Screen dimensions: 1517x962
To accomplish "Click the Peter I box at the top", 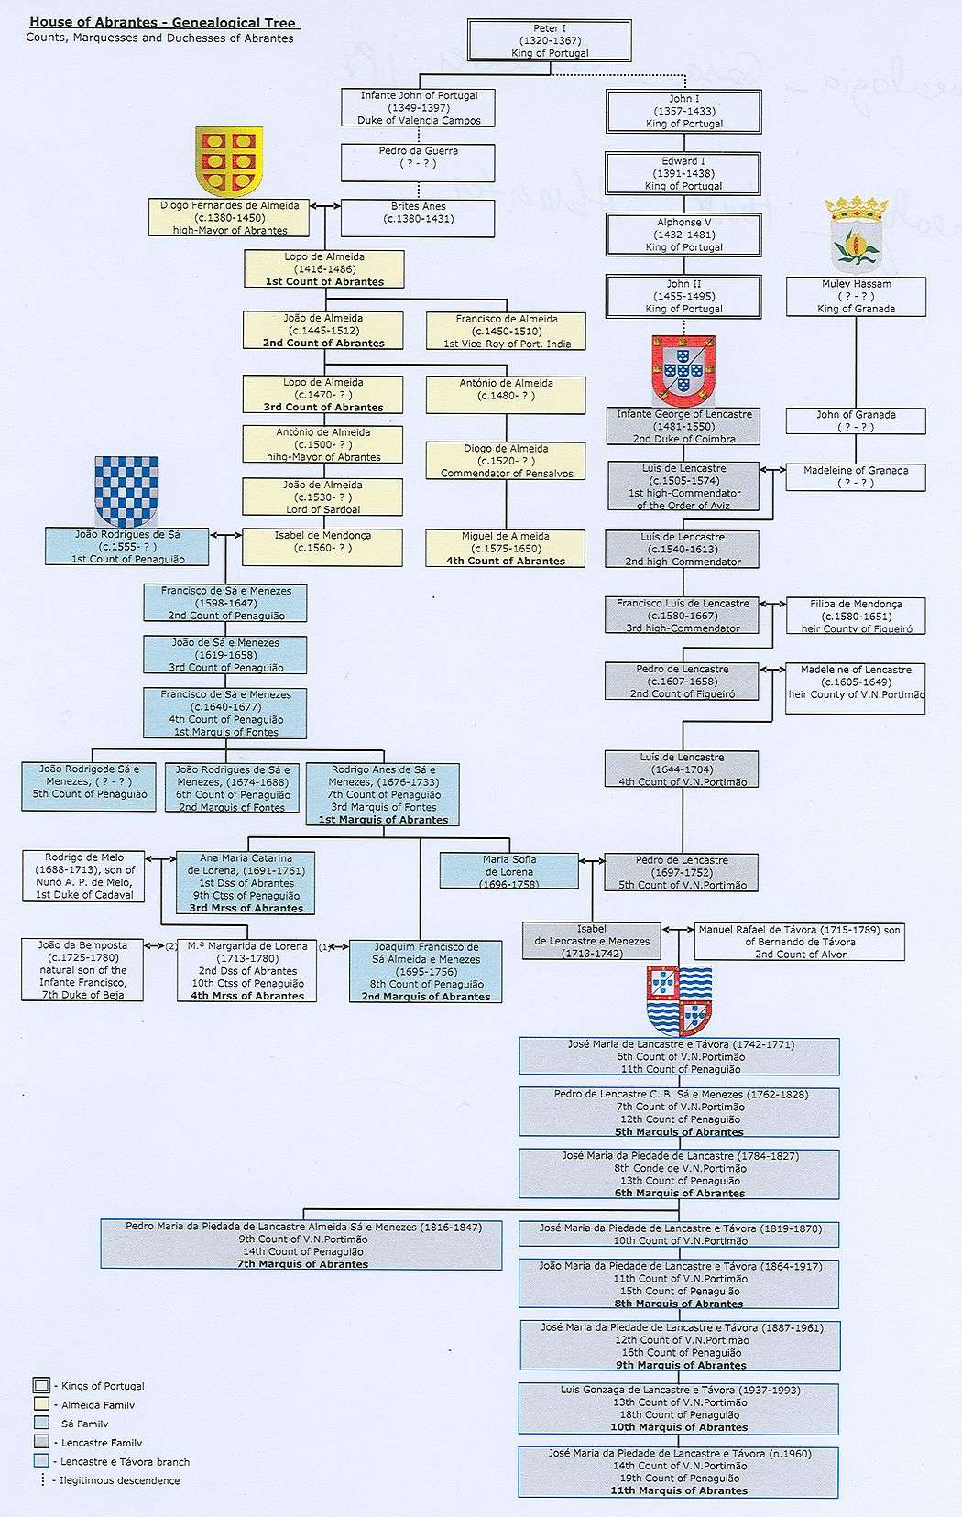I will [x=549, y=41].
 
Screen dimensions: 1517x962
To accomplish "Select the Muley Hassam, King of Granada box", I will [x=856, y=297].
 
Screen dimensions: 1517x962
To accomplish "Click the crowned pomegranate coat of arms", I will [x=856, y=235].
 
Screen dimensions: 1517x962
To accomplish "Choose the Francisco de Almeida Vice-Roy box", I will [x=507, y=331].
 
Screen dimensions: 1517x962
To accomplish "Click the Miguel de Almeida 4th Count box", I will [x=505, y=548].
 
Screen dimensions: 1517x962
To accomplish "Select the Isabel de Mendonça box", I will [x=322, y=546].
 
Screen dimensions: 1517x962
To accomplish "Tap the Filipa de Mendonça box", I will [x=856, y=616].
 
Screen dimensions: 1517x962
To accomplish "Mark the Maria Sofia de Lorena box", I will [x=509, y=871].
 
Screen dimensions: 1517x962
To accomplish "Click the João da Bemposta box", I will [x=82, y=969].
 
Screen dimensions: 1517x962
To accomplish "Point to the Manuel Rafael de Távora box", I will [x=799, y=941].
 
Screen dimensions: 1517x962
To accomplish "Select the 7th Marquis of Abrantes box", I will [x=302, y=1245].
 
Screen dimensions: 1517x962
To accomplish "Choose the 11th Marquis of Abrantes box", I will [x=678, y=1472].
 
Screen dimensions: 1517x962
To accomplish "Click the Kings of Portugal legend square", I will [x=40, y=1385].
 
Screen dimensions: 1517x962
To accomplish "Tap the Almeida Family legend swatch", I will [x=40, y=1404].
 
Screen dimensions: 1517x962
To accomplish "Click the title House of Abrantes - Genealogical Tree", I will [x=165, y=23].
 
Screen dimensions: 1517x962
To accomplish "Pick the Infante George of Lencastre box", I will [x=683, y=426].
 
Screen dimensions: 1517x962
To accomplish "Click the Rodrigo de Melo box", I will [x=82, y=876].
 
